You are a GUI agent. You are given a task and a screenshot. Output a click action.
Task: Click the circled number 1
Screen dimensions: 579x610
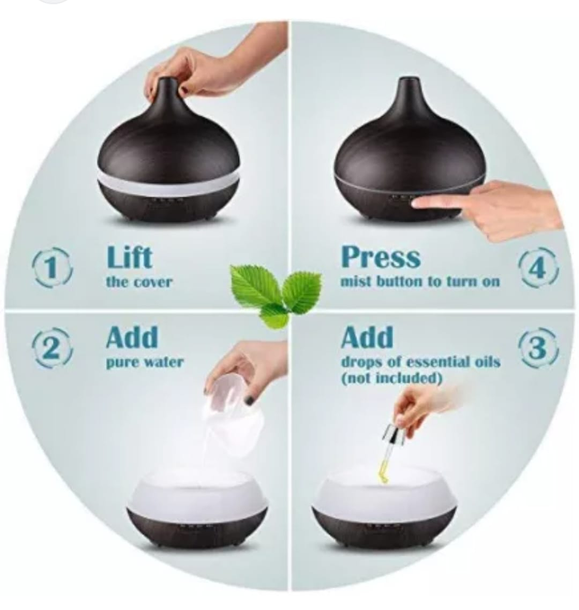[x=52, y=268]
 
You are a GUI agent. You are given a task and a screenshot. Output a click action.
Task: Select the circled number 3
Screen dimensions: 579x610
[x=538, y=348]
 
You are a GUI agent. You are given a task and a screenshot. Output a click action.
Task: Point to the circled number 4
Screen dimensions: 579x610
[x=538, y=268]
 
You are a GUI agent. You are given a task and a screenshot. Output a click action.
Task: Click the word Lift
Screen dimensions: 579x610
[x=129, y=257]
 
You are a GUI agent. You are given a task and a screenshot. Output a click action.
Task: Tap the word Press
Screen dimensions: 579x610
[x=381, y=257]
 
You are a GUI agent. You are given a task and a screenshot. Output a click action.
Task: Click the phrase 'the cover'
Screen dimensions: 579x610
[x=139, y=282]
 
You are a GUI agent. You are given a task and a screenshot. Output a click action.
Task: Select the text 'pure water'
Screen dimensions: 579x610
[x=144, y=362]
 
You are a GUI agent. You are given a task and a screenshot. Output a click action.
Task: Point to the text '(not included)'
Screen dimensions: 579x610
[x=391, y=378]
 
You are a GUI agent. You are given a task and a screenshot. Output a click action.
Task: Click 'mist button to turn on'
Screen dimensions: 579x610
[x=420, y=281]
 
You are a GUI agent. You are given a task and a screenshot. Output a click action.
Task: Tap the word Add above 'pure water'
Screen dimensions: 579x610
[x=132, y=337]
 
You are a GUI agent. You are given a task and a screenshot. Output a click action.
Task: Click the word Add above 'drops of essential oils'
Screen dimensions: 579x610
[x=367, y=337]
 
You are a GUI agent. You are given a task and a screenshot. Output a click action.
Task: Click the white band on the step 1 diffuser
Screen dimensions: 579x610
[x=168, y=180]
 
